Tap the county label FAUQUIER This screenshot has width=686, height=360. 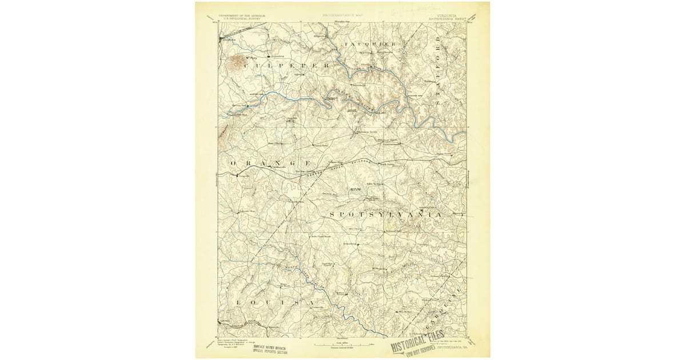(370, 44)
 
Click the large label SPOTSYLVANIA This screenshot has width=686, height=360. (385, 214)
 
